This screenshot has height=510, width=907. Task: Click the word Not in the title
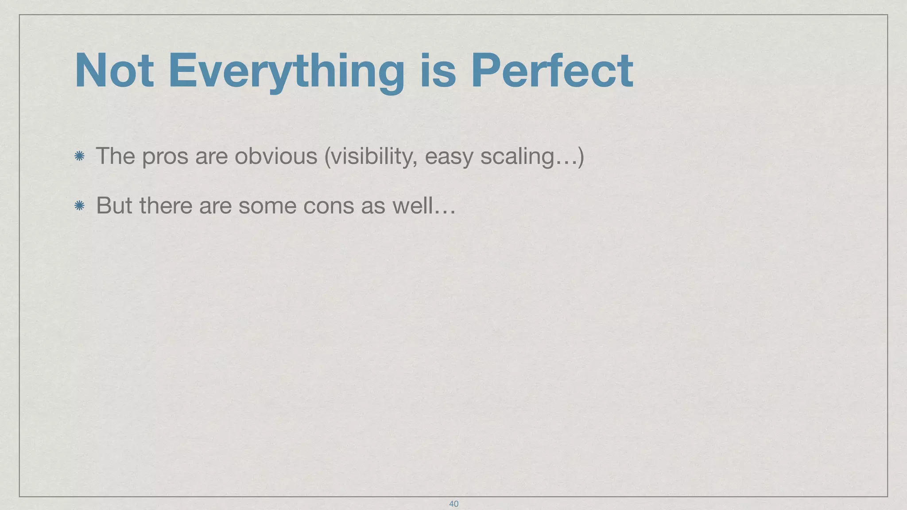114,71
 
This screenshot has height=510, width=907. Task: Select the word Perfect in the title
551,71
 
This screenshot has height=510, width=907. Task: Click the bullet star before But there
80,205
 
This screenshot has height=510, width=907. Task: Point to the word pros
165,157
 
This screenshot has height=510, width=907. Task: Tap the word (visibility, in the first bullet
371,157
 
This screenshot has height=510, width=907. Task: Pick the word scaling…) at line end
532,157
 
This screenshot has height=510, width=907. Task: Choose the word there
166,205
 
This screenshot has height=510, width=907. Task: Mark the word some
267,206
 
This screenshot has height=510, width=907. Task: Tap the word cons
328,206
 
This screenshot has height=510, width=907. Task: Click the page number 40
453,504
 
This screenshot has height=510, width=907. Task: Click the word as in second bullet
373,206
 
